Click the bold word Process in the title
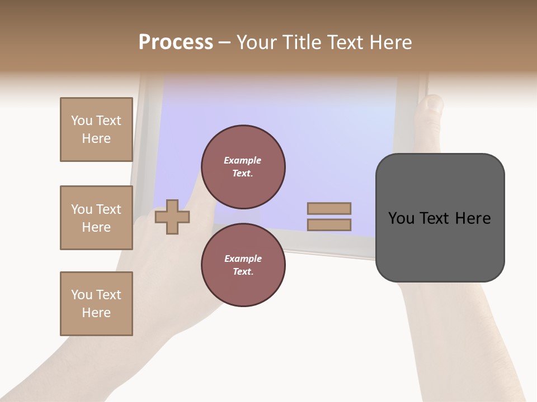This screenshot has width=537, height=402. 176,42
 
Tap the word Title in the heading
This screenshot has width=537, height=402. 302,42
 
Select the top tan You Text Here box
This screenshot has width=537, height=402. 96,130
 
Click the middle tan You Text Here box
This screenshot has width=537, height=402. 96,218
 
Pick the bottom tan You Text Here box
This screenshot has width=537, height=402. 96,303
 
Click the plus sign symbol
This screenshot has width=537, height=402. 172,217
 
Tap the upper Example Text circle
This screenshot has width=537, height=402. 243,167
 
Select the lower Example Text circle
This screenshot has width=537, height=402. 243,265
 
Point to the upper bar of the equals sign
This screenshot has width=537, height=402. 329,208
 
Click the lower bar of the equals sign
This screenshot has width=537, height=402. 329,225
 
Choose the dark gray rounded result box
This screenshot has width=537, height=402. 440,246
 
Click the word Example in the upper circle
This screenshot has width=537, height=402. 242,161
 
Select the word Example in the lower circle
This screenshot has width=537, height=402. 242,259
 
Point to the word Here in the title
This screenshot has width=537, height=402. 392,42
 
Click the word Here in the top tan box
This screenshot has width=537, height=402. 96,138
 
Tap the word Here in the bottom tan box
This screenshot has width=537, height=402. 96,313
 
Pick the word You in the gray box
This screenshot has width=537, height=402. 401,218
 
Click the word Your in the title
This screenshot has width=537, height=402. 257,42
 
